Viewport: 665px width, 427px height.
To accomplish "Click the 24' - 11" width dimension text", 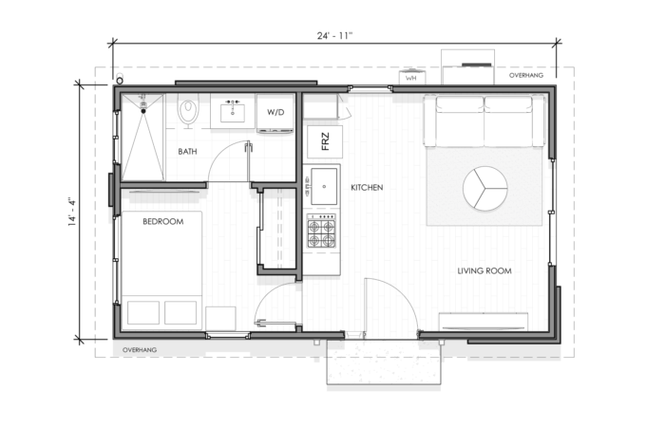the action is point(334,36).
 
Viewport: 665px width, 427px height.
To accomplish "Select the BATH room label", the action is point(187,151).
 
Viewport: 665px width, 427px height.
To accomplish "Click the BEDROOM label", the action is point(162,221).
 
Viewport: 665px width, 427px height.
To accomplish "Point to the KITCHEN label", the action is point(367,187).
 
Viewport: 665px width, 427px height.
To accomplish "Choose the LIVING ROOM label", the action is point(484,270).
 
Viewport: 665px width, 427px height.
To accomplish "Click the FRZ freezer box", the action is point(325,141).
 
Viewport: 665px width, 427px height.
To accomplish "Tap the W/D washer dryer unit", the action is point(275,113).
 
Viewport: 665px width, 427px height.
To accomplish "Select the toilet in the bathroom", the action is point(188,111).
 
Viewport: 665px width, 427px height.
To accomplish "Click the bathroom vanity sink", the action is point(232,112).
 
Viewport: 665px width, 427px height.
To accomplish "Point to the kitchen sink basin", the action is point(324,186).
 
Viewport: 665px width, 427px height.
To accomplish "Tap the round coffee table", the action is point(484,188).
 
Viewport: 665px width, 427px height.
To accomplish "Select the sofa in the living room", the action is point(484,121).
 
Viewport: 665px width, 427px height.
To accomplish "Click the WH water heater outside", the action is point(411,78).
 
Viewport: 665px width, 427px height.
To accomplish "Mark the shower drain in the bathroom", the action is point(143,111).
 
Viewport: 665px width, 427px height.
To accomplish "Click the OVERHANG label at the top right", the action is point(526,75).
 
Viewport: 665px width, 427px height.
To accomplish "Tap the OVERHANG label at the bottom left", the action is point(140,350).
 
